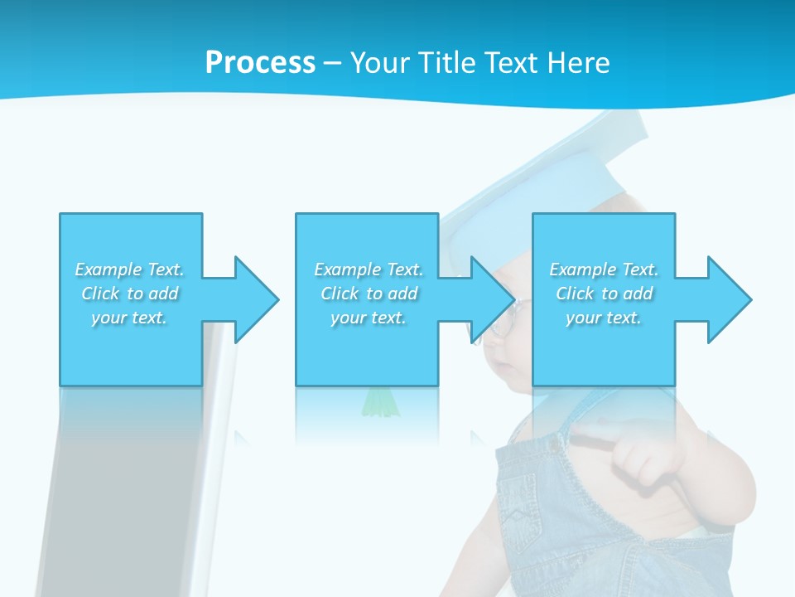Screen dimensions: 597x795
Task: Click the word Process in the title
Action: click(260, 63)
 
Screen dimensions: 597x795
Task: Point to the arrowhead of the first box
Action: click(256, 299)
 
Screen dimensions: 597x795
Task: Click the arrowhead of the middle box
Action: click(493, 299)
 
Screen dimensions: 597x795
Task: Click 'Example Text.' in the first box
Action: click(129, 269)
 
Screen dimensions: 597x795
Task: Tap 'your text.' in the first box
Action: click(129, 318)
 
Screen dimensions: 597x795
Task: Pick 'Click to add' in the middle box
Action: click(369, 294)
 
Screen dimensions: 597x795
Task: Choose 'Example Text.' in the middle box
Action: click(369, 269)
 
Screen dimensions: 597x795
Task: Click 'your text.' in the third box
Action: click(603, 318)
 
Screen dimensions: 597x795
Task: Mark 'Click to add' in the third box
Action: click(604, 294)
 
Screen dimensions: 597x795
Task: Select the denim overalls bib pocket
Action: click(530, 506)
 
